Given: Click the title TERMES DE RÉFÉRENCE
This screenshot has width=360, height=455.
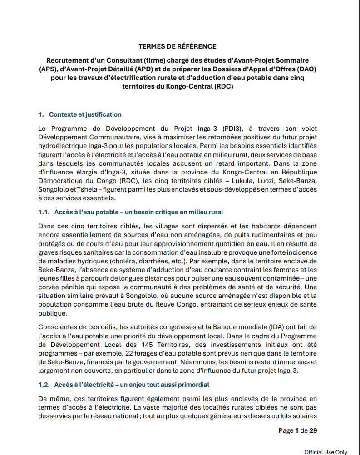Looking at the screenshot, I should pyautogui.click(x=178, y=46).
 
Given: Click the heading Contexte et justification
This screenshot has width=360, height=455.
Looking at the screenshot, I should pyautogui.click(x=85, y=114).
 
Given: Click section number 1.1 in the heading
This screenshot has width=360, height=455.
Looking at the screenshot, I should pyautogui.click(x=44, y=212).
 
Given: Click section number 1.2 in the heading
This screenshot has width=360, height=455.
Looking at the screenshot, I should pyautogui.click(x=44, y=385).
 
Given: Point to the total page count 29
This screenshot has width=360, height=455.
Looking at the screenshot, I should pyautogui.click(x=313, y=430).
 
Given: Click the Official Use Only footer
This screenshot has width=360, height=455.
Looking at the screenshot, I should pyautogui.click(x=325, y=452).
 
